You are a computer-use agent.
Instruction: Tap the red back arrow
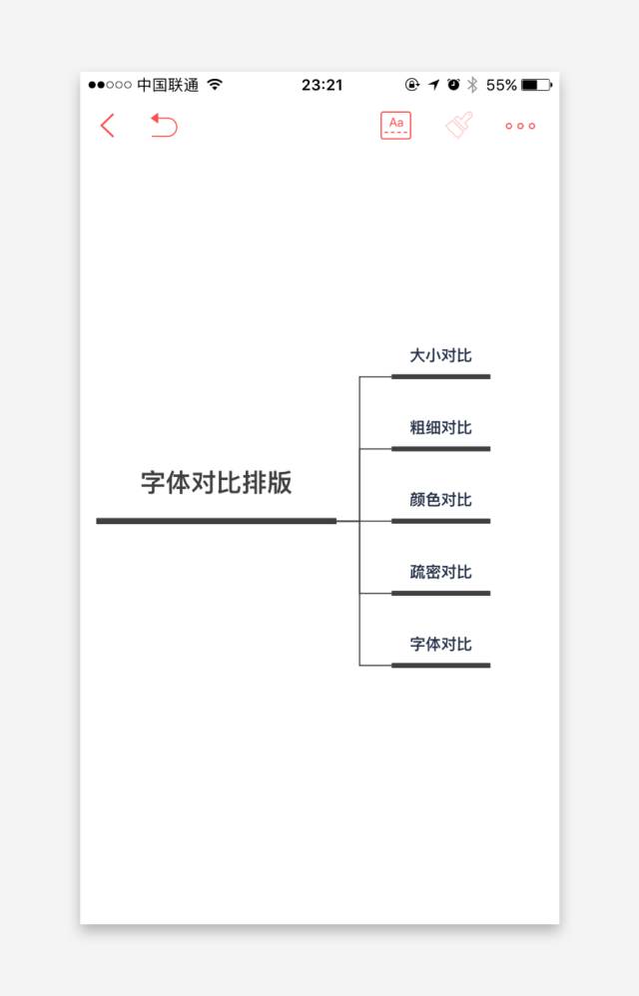pyautogui.click(x=108, y=126)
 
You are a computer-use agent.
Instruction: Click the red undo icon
pyautogui.click(x=164, y=126)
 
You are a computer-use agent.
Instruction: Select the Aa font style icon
pyautogui.click(x=395, y=126)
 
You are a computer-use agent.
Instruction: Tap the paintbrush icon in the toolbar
pyautogui.click(x=459, y=126)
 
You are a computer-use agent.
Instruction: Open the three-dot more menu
pyautogui.click(x=520, y=127)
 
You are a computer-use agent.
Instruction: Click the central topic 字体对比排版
pyautogui.click(x=217, y=483)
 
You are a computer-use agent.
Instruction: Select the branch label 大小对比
pyautogui.click(x=440, y=356)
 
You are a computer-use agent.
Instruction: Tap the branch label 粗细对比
pyautogui.click(x=440, y=428)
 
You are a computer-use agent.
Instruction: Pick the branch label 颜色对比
pyautogui.click(x=440, y=500)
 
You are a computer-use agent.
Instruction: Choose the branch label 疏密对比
pyautogui.click(x=440, y=572)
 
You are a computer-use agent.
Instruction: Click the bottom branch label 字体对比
pyautogui.click(x=440, y=644)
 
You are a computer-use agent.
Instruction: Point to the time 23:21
pyautogui.click(x=321, y=86)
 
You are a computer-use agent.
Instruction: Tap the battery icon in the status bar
pyautogui.click(x=536, y=86)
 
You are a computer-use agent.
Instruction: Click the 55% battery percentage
pyautogui.click(x=501, y=86)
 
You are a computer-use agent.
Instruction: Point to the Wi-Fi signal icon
pyautogui.click(x=215, y=85)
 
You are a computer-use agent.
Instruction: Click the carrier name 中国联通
pyautogui.click(x=168, y=86)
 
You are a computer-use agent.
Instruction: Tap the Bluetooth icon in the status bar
pyautogui.click(x=473, y=86)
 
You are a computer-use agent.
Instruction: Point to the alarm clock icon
pyautogui.click(x=453, y=85)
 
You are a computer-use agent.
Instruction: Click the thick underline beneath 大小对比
pyautogui.click(x=440, y=377)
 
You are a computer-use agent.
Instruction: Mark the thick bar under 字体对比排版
pyautogui.click(x=216, y=521)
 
